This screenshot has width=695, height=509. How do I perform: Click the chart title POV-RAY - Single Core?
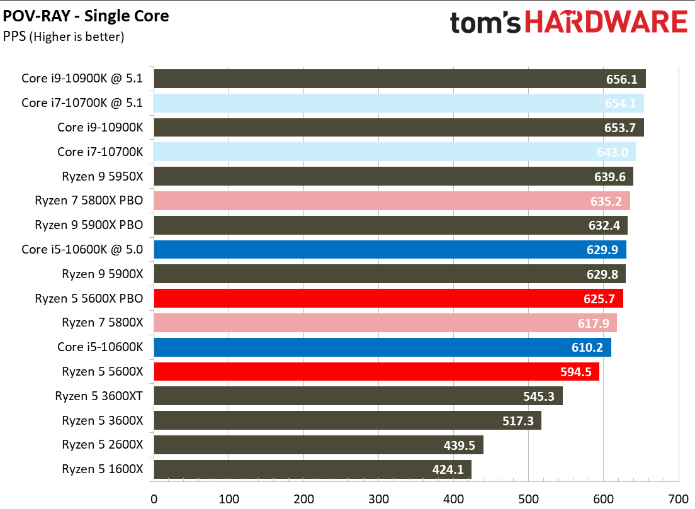[x=86, y=16]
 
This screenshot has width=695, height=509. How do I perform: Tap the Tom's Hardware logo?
[x=568, y=22]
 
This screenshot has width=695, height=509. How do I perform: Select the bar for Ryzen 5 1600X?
[x=312, y=469]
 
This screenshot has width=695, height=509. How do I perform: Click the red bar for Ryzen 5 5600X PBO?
[x=388, y=298]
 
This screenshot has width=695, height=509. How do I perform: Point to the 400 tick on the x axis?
[x=454, y=499]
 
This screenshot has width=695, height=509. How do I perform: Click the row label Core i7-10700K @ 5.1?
[x=82, y=103]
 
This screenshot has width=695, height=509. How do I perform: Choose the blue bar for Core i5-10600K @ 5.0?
[x=390, y=250]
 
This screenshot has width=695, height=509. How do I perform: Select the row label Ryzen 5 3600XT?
[x=99, y=396]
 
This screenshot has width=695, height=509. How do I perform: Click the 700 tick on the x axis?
[x=679, y=499]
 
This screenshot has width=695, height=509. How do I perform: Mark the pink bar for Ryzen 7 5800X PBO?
[x=392, y=201]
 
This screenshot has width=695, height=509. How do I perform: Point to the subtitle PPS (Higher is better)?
[x=64, y=36]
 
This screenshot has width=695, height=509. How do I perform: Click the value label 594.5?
[x=575, y=372]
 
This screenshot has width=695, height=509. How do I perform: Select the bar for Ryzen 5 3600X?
[x=347, y=420]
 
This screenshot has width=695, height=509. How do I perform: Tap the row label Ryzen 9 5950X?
[x=102, y=177]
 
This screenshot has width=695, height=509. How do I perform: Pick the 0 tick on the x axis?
[x=154, y=499]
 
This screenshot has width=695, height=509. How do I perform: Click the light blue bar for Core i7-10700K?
[x=394, y=152]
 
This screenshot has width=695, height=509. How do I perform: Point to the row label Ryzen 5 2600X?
[x=102, y=445]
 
